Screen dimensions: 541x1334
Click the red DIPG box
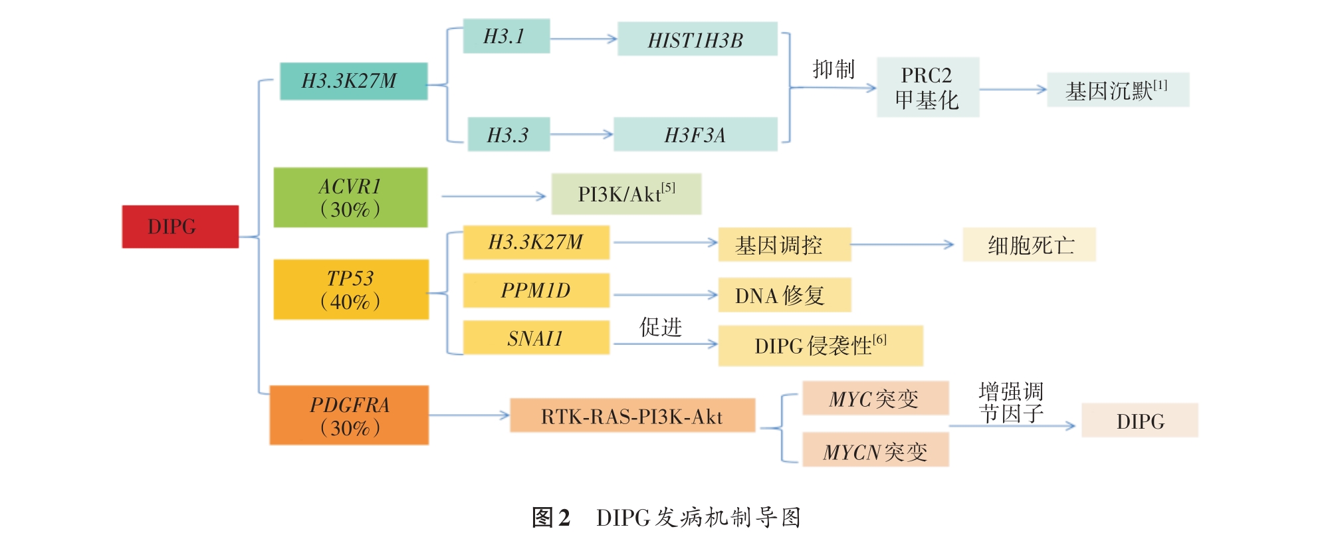pyautogui.click(x=180, y=227)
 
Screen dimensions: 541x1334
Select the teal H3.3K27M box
pyautogui.click(x=353, y=81)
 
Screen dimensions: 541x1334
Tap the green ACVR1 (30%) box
pyautogui.click(x=350, y=197)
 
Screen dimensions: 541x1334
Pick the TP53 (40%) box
pyautogui.click(x=351, y=289)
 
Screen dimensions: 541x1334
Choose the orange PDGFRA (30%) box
pyautogui.click(x=349, y=415)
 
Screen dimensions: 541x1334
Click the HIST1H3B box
pyautogui.click(x=697, y=39)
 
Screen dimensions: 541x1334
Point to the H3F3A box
pyautogui.click(x=695, y=134)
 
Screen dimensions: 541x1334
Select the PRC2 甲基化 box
pyautogui.click(x=927, y=87)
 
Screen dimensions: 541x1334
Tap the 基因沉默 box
pyautogui.click(x=1117, y=90)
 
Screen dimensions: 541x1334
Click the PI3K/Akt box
pyautogui.click(x=625, y=194)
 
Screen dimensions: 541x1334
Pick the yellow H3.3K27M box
pyautogui.click(x=536, y=243)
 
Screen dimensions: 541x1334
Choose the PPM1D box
pyautogui.click(x=536, y=290)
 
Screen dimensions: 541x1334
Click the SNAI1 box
pyautogui.click(x=536, y=338)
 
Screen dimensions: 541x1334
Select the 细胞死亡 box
pyautogui.click(x=1029, y=245)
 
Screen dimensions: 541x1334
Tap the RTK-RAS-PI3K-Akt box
pyautogui.click(x=632, y=415)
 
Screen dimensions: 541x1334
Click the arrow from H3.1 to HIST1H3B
pyautogui.click(x=583, y=39)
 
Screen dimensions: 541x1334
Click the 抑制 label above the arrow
pyautogui.click(x=834, y=69)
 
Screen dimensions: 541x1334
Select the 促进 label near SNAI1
pyautogui.click(x=661, y=326)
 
